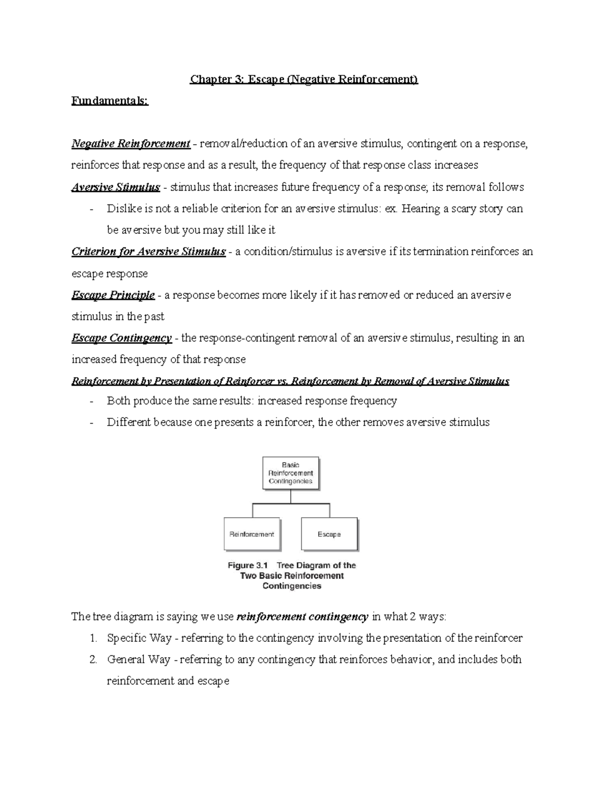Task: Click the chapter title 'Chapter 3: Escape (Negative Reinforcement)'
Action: (x=304, y=79)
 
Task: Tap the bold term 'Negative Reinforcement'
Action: (x=131, y=144)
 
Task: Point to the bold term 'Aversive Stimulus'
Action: (x=116, y=187)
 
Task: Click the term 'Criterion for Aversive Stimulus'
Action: (x=148, y=252)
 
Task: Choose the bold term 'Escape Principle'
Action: (x=113, y=295)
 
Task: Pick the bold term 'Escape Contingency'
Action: (x=122, y=338)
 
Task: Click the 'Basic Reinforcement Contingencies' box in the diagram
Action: (x=291, y=473)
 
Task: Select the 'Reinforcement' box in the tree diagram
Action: (x=252, y=534)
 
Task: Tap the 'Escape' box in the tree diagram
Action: (x=329, y=534)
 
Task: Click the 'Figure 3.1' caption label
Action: (x=248, y=565)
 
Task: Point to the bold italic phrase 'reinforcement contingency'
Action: (x=302, y=616)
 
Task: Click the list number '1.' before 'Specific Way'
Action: (x=93, y=638)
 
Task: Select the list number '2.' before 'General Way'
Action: (x=93, y=659)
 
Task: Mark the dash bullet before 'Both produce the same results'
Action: (x=91, y=401)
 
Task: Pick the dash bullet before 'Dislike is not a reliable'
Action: (x=91, y=209)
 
